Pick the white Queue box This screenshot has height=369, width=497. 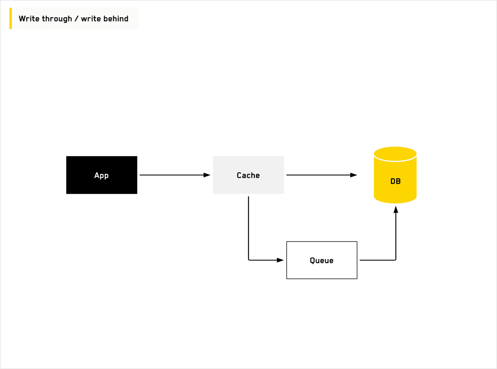[322, 271]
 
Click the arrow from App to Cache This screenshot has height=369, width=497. [173, 175]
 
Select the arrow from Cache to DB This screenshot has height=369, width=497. [319, 175]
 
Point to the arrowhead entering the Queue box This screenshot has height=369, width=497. [280, 260]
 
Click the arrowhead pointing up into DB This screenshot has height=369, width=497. [396, 209]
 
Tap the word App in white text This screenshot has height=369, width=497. [101, 176]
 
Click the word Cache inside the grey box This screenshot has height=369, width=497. [248, 176]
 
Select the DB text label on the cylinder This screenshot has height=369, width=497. [396, 181]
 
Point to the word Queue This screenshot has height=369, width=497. [322, 261]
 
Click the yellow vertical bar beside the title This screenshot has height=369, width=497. [11, 19]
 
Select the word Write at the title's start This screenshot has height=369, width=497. [29, 19]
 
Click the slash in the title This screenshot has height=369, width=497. [76, 19]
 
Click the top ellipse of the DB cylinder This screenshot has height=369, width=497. [395, 154]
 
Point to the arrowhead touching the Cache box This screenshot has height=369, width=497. [207, 175]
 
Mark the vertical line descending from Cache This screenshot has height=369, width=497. [248, 228]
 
